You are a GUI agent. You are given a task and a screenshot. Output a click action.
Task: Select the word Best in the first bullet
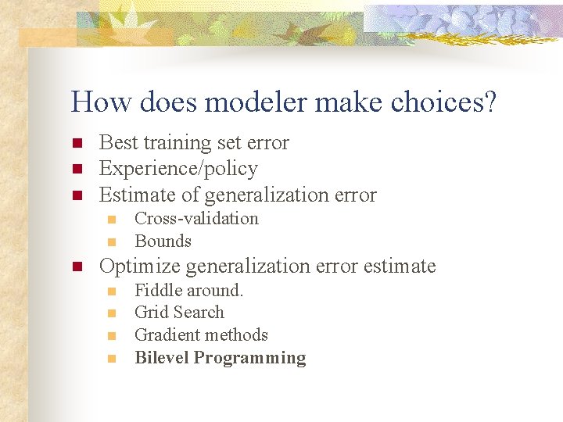[x=118, y=142]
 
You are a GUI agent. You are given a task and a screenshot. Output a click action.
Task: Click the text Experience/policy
[x=178, y=168]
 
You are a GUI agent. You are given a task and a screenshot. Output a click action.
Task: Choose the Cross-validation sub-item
[x=196, y=219]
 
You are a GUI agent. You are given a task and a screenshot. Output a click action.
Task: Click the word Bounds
[x=163, y=241]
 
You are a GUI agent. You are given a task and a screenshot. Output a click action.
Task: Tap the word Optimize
[x=141, y=266]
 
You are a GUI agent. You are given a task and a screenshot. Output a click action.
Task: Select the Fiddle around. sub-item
[x=189, y=290]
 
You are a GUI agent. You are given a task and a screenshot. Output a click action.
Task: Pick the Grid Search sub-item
[x=179, y=313]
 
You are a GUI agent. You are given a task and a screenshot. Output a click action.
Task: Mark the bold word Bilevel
[x=161, y=358]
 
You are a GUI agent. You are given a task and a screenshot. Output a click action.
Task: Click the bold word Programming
[x=249, y=358]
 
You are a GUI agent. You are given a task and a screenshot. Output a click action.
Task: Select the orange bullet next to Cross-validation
[x=113, y=220]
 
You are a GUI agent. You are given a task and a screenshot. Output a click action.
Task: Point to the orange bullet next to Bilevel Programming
[x=113, y=359]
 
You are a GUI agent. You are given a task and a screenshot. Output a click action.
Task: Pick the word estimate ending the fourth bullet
[x=400, y=266]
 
